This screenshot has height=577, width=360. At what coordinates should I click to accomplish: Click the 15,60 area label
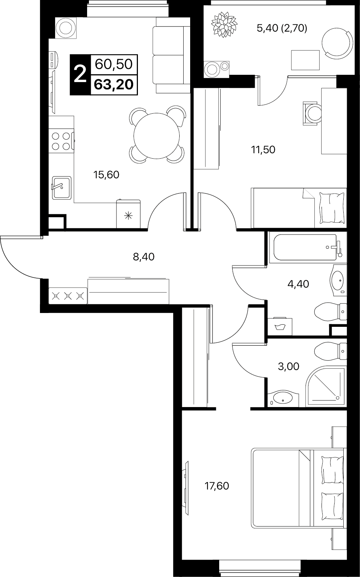106,175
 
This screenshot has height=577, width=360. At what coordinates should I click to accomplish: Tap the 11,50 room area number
263,150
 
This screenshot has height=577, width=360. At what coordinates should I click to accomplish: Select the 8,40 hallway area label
144,257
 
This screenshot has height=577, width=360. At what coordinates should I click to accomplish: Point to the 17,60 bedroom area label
217,486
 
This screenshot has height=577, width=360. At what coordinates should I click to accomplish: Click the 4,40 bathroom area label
298,284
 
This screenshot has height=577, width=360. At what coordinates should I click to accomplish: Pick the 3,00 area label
289,366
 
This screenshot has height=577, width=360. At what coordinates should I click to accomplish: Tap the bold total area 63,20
114,85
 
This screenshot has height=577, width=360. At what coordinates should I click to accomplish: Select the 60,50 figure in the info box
114,64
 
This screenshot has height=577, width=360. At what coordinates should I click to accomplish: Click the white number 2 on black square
80,74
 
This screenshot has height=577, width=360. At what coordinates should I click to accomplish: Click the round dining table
156,136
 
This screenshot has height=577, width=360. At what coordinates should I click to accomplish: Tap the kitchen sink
62,188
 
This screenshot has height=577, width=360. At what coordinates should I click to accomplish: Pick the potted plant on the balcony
224,24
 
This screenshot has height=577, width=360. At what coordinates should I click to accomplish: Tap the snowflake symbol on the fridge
128,216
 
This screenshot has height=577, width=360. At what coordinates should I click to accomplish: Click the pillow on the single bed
332,208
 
